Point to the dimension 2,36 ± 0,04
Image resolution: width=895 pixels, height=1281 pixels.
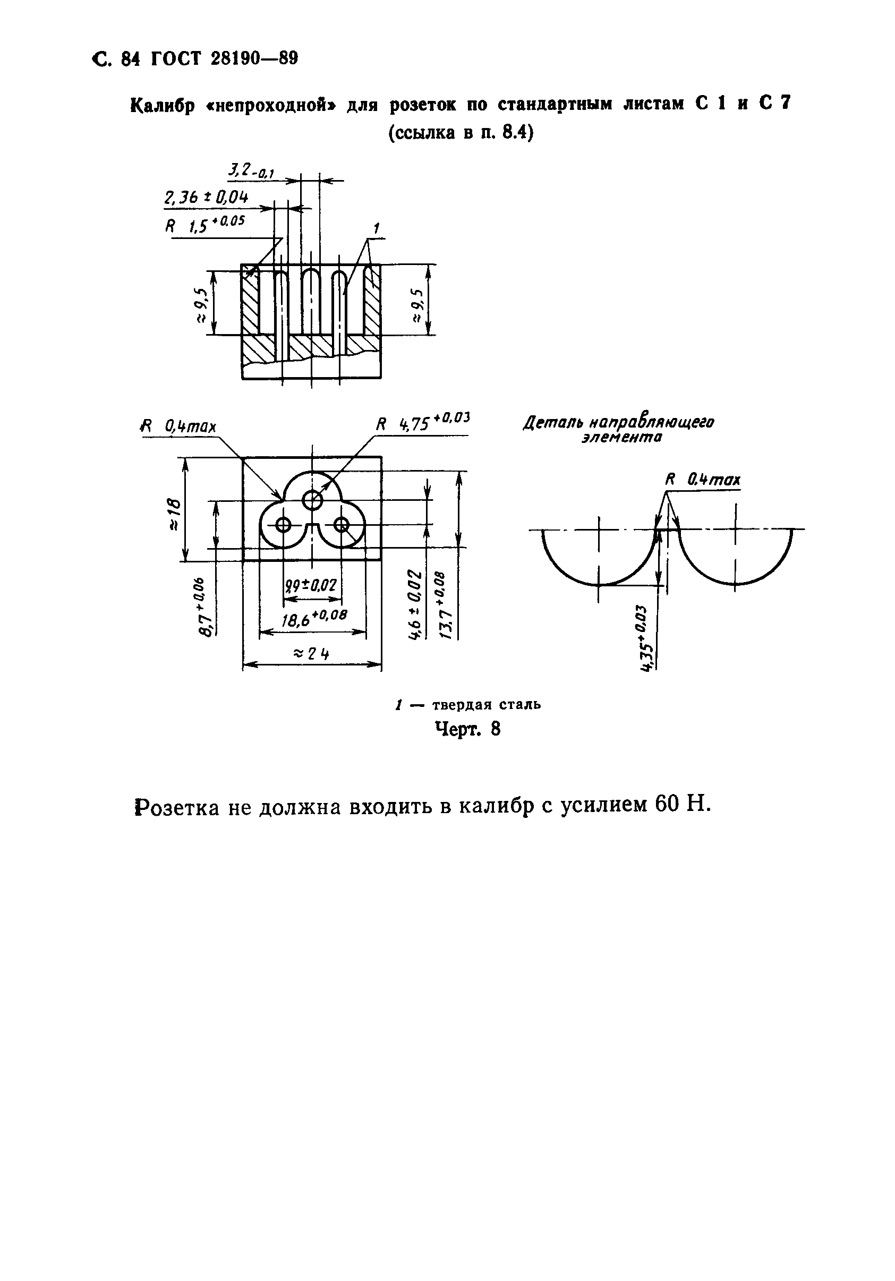[206, 198]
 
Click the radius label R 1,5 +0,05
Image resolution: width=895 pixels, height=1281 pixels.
[204, 224]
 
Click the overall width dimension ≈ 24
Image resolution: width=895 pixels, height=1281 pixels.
[311, 653]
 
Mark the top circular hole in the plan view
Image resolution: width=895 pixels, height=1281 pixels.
[312, 500]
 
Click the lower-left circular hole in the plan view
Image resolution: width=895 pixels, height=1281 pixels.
[283, 524]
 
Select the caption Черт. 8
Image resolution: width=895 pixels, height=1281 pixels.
[467, 729]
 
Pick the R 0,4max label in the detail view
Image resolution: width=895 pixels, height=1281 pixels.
[703, 479]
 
